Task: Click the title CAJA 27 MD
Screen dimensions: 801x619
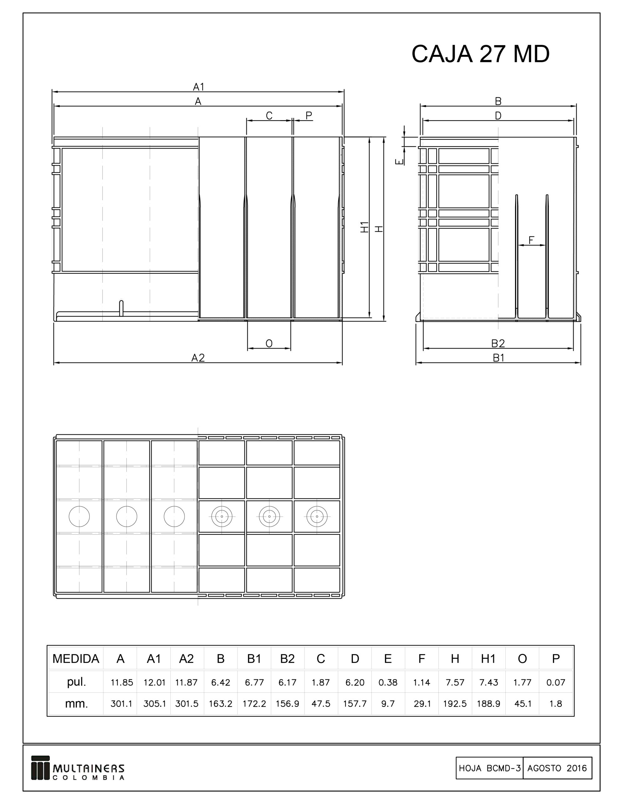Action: [x=480, y=54]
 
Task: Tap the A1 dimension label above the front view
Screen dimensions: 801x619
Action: [x=198, y=87]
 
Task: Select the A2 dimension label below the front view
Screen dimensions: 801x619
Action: [x=198, y=358]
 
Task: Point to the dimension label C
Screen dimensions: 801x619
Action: [x=269, y=116]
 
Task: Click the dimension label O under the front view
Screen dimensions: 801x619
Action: [x=269, y=344]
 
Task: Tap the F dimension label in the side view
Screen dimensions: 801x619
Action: [x=531, y=240]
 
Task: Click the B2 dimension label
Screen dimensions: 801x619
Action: [x=498, y=343]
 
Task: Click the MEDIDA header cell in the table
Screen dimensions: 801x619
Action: [x=76, y=659]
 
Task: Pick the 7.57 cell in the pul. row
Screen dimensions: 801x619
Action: [x=455, y=682]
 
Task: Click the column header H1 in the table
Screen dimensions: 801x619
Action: [x=489, y=659]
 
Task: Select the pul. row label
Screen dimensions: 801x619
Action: [x=76, y=682]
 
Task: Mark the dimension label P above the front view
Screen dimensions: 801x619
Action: [x=309, y=115]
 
